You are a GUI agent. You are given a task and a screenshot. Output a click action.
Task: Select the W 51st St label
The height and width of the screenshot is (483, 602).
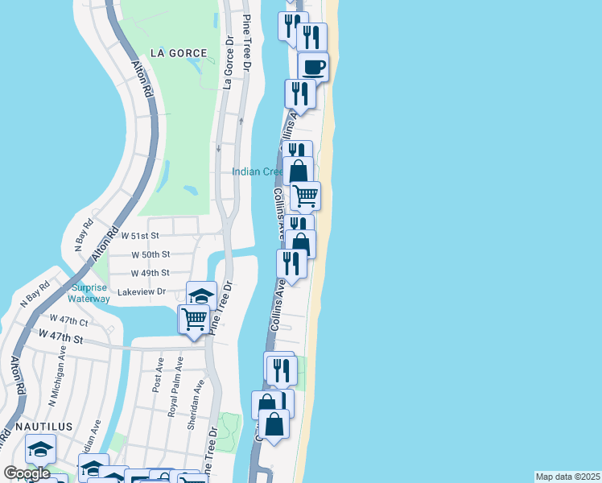(141, 236)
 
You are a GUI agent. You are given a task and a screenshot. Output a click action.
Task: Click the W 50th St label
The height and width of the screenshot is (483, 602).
(150, 254)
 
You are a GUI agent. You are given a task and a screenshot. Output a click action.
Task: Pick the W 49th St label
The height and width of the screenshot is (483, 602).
(150, 273)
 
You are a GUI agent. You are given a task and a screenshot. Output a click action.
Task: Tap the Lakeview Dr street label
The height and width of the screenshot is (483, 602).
(142, 291)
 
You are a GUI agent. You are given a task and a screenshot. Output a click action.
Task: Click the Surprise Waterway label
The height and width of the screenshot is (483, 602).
(89, 294)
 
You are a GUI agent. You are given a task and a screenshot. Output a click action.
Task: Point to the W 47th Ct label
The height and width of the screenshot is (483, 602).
(68, 320)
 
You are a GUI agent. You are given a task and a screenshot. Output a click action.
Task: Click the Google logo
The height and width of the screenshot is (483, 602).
(27, 473)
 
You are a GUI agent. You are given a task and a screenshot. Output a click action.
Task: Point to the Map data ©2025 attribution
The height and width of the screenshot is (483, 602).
(567, 477)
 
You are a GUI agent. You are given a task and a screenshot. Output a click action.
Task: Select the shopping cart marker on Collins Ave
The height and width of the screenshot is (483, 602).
(305, 195)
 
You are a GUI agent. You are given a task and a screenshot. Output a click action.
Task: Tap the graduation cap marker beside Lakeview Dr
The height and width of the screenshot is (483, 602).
(201, 294)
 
